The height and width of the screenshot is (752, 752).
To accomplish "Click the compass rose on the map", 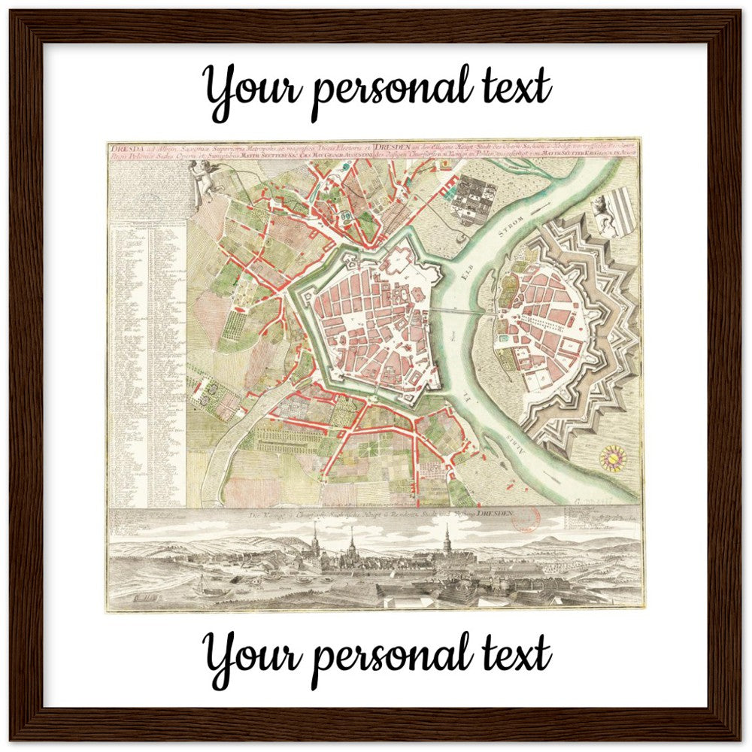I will pyautogui.click(x=611, y=457).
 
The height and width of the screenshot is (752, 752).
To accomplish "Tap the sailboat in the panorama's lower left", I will pyautogui.click(x=203, y=584).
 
